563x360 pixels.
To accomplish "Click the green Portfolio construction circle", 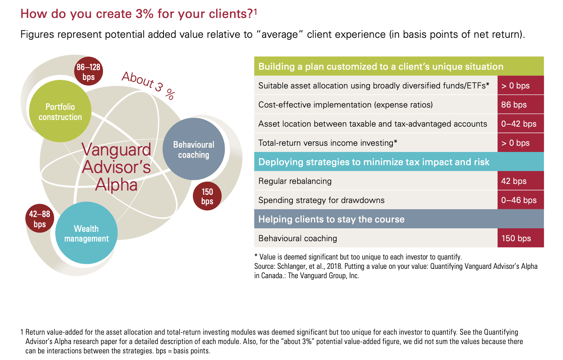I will click(x=60, y=111).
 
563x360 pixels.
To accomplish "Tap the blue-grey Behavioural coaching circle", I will click(x=194, y=149).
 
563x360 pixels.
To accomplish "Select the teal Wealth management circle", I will click(x=86, y=233).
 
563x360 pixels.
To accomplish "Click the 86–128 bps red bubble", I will click(x=88, y=72).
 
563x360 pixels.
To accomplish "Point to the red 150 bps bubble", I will click(x=207, y=196).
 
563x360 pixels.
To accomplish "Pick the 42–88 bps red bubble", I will click(x=39, y=219).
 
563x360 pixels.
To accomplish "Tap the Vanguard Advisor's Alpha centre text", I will click(x=116, y=167).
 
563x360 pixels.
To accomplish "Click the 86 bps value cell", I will click(x=520, y=105).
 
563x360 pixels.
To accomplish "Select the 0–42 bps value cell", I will click(x=520, y=124).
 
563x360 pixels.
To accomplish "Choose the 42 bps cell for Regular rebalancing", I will click(x=520, y=181).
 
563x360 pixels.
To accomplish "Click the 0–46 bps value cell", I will click(x=520, y=200).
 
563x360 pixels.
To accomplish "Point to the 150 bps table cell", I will click(x=520, y=238).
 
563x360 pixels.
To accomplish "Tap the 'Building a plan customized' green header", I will click(x=380, y=67).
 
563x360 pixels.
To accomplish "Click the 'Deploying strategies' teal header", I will click(x=374, y=162).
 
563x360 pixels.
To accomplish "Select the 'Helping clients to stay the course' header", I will click(x=331, y=219).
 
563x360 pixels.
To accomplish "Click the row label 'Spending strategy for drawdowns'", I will click(x=321, y=200).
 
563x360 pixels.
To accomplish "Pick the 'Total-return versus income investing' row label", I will click(x=327, y=143).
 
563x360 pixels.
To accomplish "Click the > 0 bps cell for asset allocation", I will click(x=520, y=86).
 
